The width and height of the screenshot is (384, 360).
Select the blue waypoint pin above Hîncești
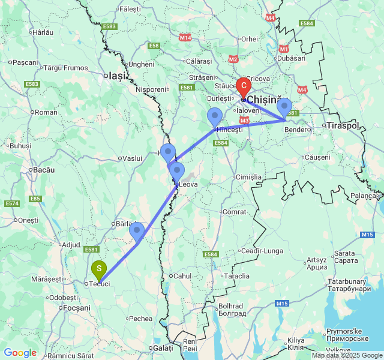(x=214, y=116)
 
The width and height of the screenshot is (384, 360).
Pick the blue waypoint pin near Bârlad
(x=137, y=230)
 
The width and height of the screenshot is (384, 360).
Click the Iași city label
(x=115, y=76)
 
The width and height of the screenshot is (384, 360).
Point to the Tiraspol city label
(x=343, y=125)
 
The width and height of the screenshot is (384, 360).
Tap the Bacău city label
(x=44, y=170)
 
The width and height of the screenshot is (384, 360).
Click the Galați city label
(x=163, y=348)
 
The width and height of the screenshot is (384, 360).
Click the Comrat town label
(x=234, y=212)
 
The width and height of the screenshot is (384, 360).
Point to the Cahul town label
(x=181, y=275)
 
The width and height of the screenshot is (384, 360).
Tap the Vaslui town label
(x=131, y=158)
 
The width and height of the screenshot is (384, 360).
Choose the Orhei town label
(x=249, y=39)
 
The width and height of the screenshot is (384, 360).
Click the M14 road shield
(x=185, y=37)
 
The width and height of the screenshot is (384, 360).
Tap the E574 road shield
(x=11, y=203)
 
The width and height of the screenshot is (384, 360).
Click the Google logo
(x=20, y=353)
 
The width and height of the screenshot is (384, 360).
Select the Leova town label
(x=188, y=184)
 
